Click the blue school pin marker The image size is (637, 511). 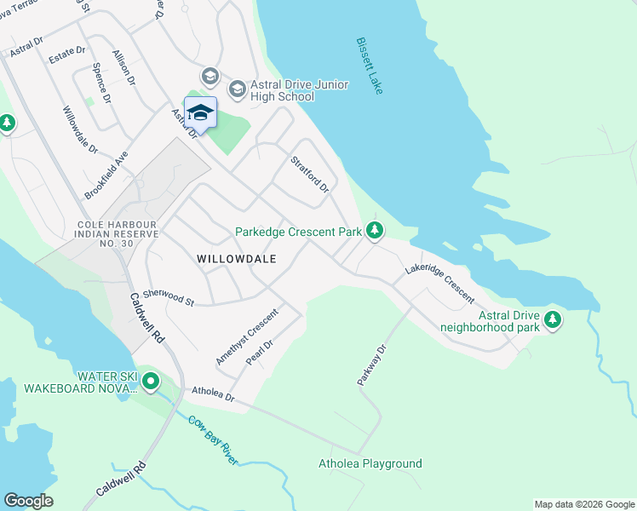200,113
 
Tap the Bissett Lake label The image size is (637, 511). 370,66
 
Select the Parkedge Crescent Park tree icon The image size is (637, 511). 374,230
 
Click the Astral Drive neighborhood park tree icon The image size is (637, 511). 554,320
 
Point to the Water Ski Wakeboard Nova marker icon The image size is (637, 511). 152,382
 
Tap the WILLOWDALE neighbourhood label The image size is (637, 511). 236,258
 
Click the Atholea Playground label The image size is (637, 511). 370,463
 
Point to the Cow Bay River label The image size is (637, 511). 213,440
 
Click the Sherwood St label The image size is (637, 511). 169,296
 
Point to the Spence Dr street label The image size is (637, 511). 101,82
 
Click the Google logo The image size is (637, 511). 28,501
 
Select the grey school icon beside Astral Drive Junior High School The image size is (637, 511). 238,89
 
